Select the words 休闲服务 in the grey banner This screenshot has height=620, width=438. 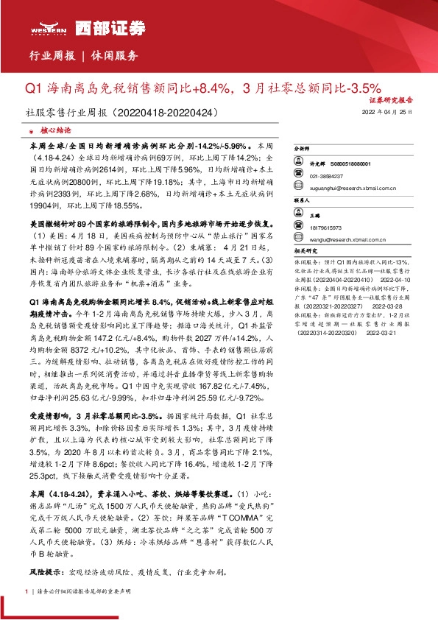coord(115,56)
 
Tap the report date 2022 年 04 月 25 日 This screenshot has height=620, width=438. coord(388,113)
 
